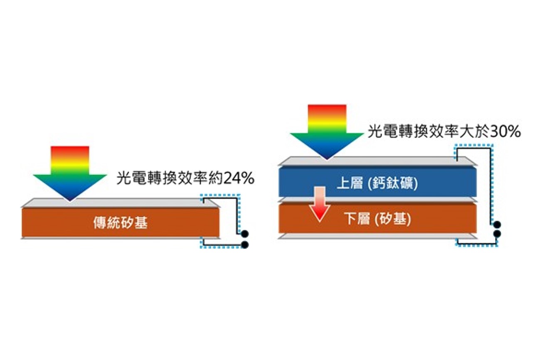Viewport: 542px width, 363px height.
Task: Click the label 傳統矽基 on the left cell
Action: pyautogui.click(x=121, y=222)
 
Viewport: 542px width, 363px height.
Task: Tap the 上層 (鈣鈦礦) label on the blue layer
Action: pyautogui.click(x=377, y=183)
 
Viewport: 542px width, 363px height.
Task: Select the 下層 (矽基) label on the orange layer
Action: pyautogui.click(x=377, y=220)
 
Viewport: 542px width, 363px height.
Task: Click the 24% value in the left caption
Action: pyautogui.click(x=239, y=179)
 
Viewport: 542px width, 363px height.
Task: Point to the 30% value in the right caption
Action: pyautogui.click(x=505, y=132)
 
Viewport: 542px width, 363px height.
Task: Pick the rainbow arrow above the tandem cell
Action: pyautogui.click(x=327, y=132)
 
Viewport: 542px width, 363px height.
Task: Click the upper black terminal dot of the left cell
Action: pyautogui.click(x=245, y=234)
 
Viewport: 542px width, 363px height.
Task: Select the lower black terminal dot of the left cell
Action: pyautogui.click(x=245, y=244)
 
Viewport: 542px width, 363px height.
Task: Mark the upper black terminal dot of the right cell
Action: pyautogui.click(x=497, y=225)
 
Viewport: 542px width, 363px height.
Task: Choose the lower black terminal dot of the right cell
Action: pyautogui.click(x=497, y=234)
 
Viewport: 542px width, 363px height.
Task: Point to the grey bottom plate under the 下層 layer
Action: pyautogui.click(x=377, y=236)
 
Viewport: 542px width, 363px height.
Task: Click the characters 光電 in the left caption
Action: pyautogui.click(x=131, y=179)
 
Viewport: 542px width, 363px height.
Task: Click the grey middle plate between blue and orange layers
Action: pyautogui.click(x=377, y=200)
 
